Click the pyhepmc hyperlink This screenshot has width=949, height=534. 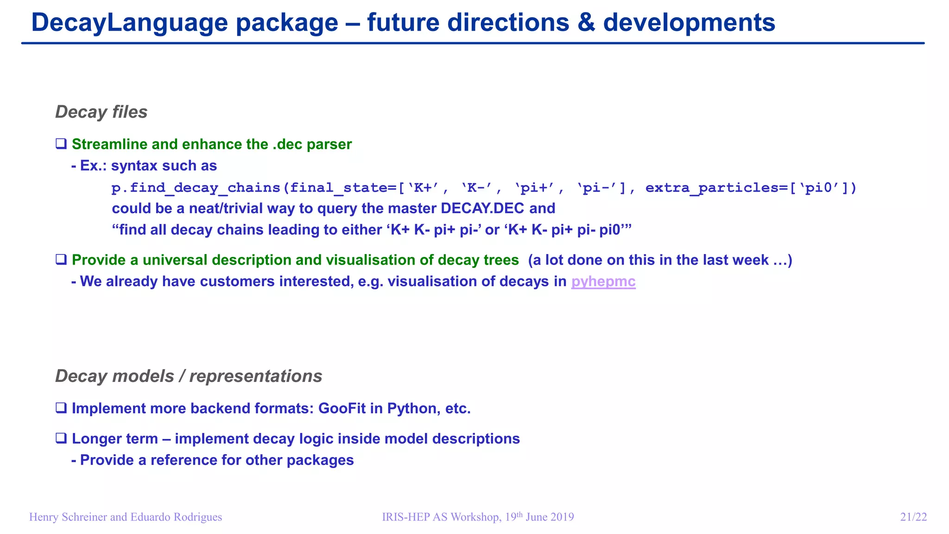pyautogui.click(x=603, y=281)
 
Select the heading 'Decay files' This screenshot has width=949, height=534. pyautogui.click(x=101, y=112)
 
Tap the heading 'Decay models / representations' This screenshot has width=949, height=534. pyautogui.click(x=189, y=376)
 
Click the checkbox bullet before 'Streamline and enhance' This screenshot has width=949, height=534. pyautogui.click(x=61, y=144)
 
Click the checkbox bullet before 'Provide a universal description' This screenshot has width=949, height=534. pyautogui.click(x=61, y=260)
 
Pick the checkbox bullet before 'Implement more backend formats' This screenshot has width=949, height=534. pyautogui.click(x=61, y=408)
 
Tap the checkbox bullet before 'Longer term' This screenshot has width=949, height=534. pyautogui.click(x=61, y=438)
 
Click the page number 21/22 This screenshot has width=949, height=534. pyautogui.click(x=913, y=517)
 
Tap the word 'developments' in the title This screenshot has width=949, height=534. pyautogui.click(x=689, y=22)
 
